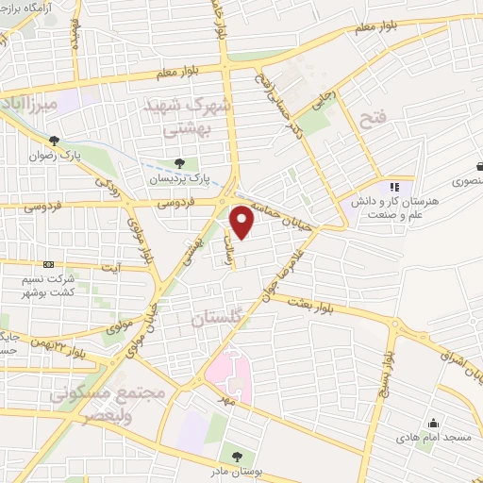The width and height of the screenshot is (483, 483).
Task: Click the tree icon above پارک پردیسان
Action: (179, 163)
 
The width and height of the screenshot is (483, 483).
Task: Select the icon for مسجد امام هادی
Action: (432, 424)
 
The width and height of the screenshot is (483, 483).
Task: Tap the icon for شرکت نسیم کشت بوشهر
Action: (49, 266)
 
